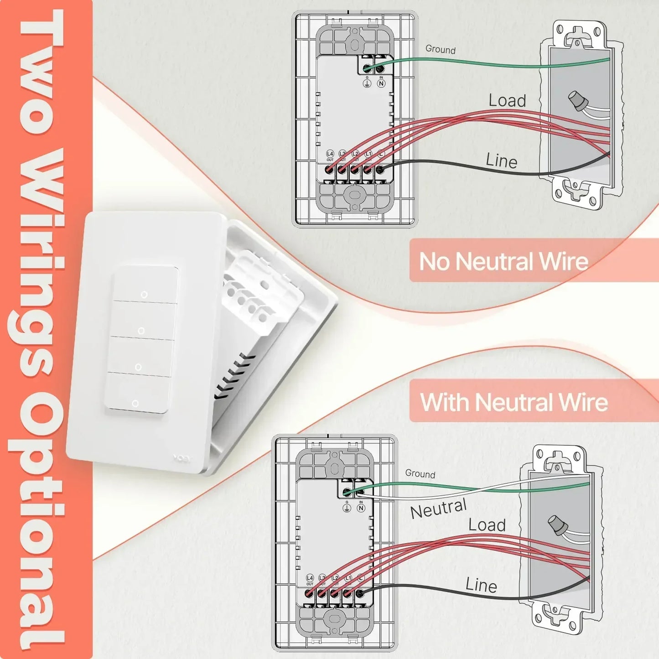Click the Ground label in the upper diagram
click(x=440, y=49)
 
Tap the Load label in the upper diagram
click(x=507, y=100)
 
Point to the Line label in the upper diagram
click(x=501, y=161)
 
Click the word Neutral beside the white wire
click(x=438, y=509)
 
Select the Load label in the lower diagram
click(x=487, y=525)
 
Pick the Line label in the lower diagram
click(x=481, y=585)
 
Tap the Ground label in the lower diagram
click(x=420, y=473)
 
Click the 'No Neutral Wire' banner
click(x=503, y=261)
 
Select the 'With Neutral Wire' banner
click(x=514, y=402)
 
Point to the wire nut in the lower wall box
click(x=558, y=525)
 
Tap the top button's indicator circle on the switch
click(x=144, y=295)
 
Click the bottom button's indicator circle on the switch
click(x=135, y=404)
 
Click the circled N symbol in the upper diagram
click(x=381, y=83)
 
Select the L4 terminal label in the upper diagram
click(x=330, y=154)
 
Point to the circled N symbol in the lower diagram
click(x=361, y=508)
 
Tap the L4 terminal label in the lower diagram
click(x=310, y=578)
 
